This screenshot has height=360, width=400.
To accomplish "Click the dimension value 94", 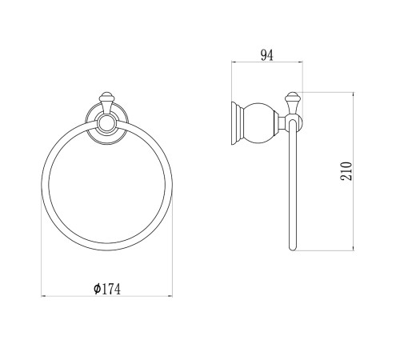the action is click(267, 55).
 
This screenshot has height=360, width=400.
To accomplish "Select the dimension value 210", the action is click(346, 171).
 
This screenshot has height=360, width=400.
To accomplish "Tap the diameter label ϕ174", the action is click(107, 289).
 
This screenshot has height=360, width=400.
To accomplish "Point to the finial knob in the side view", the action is click(292, 102).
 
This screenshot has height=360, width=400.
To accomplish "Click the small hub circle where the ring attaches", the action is click(106, 123).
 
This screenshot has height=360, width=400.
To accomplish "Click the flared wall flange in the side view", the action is click(237, 123).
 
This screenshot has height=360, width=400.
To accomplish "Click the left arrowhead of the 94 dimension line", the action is click(233, 62).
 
